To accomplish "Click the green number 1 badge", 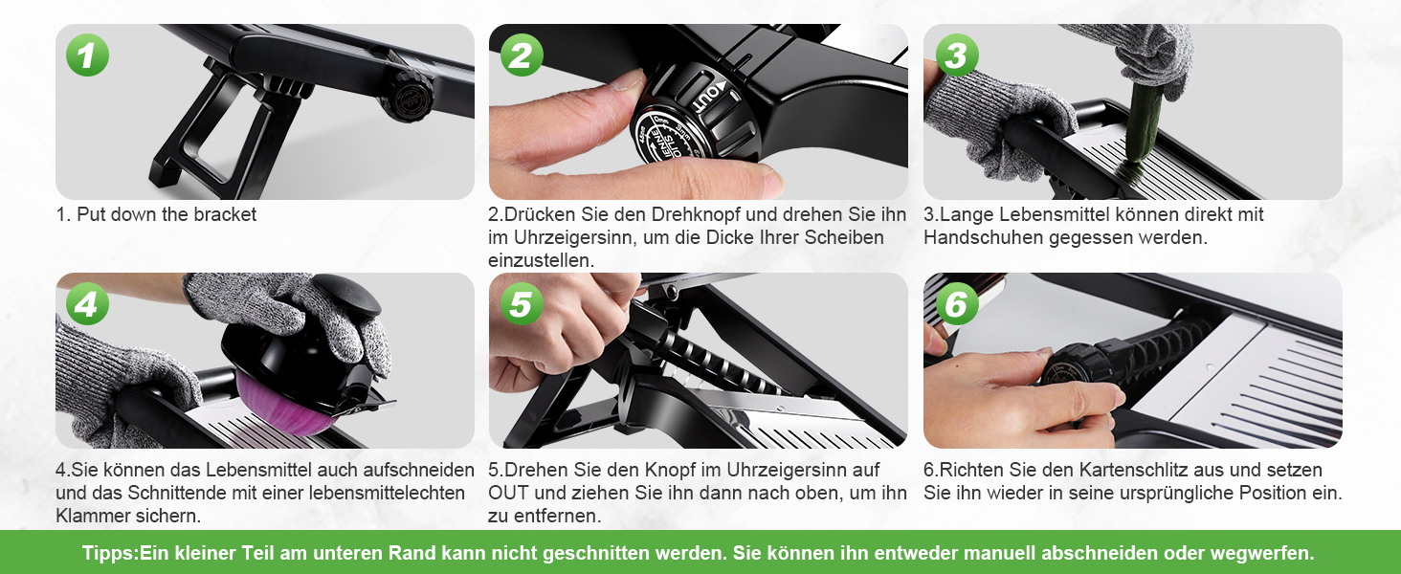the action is [88, 55].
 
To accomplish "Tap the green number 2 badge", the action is [522, 55].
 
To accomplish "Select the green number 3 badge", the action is [956, 55].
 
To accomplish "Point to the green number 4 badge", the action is [88, 304].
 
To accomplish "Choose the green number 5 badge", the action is [522, 304].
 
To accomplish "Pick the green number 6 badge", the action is [956, 304].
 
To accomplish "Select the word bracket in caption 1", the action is [225, 214].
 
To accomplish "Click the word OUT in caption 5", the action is [508, 493].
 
